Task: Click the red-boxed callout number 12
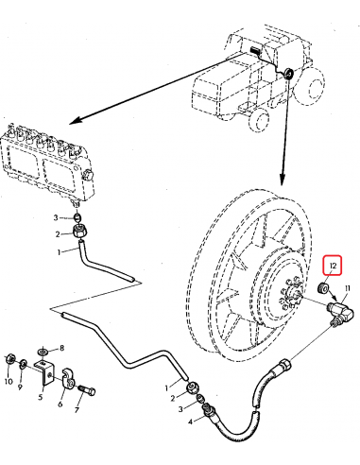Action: pyautogui.click(x=330, y=265)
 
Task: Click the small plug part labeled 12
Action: pyautogui.click(x=324, y=287)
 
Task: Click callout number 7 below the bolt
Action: pyautogui.click(x=77, y=411)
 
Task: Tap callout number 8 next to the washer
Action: pyautogui.click(x=61, y=349)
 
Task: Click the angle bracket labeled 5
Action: pyautogui.click(x=43, y=374)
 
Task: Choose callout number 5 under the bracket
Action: pyautogui.click(x=41, y=398)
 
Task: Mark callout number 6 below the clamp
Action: pyautogui.click(x=60, y=404)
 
